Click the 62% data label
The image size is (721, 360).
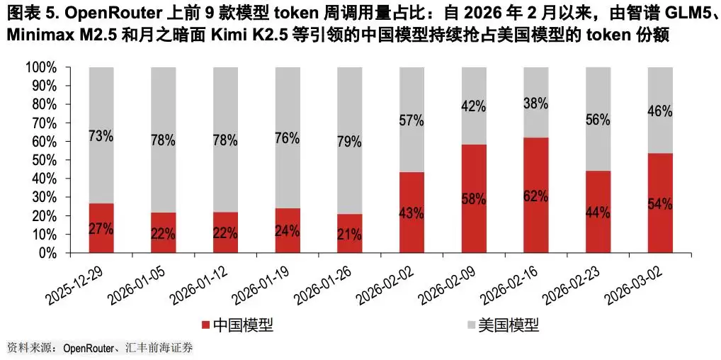tap(536, 196)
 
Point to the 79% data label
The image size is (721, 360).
tap(350, 142)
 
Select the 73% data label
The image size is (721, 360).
tap(101, 136)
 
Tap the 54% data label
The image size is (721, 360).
tap(660, 204)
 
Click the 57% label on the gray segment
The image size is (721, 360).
tap(411, 120)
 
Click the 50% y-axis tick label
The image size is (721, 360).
tap(44, 160)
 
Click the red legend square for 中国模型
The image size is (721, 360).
tap(205, 325)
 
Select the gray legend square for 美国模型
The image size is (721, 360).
tap(470, 325)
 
